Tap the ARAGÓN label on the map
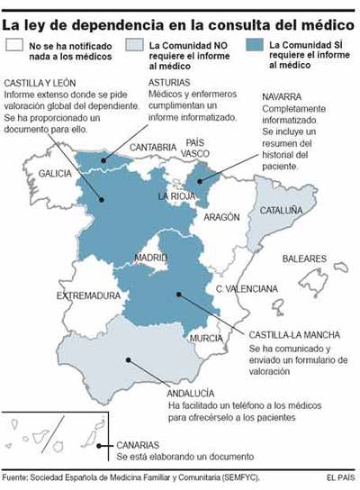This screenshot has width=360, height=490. [x=221, y=217]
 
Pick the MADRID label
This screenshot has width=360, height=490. [x=150, y=258]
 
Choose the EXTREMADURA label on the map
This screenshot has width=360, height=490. [x=87, y=295]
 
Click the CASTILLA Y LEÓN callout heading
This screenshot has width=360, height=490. [x=42, y=83]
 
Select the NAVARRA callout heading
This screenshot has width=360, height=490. [x=284, y=96]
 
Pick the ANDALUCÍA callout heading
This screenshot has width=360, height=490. [x=192, y=393]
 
